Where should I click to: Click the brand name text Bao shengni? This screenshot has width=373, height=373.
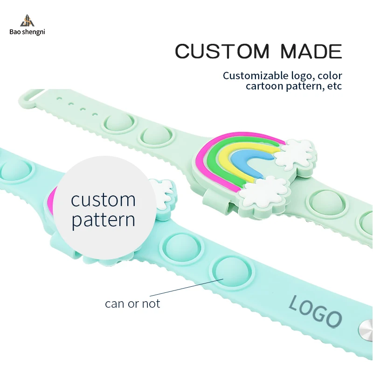coord(27,32)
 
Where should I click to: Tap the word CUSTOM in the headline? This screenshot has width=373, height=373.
coord(222,51)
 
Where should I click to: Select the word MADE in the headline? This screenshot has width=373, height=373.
coord(311,51)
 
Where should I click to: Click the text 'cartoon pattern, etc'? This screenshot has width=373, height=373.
coord(294,86)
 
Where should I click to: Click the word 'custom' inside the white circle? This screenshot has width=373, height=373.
coord(103,200)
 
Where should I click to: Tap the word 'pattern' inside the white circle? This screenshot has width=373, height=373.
coord(103,219)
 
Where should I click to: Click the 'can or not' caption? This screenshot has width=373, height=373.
coord(132,304)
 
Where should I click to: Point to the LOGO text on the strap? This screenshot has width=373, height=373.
coord(315,311)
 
